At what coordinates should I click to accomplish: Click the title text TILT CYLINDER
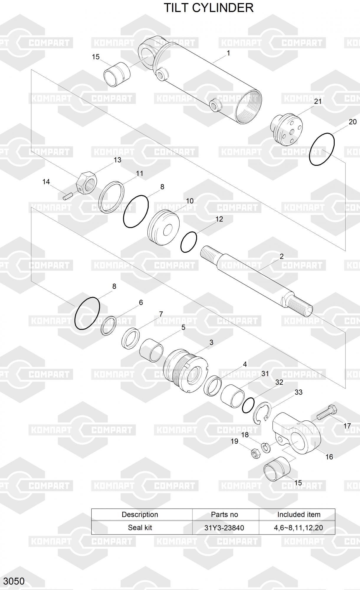tap(208, 8)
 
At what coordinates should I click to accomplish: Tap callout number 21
tap(318, 101)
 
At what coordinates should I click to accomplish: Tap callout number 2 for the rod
tap(281, 256)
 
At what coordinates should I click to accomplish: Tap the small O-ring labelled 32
tap(248, 405)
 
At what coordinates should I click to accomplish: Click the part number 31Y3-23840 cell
tap(224, 528)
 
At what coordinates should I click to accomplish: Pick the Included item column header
tap(298, 514)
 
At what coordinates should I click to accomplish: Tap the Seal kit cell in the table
tap(140, 527)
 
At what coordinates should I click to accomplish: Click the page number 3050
tap(14, 581)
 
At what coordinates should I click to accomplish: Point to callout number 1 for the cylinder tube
tap(228, 53)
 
